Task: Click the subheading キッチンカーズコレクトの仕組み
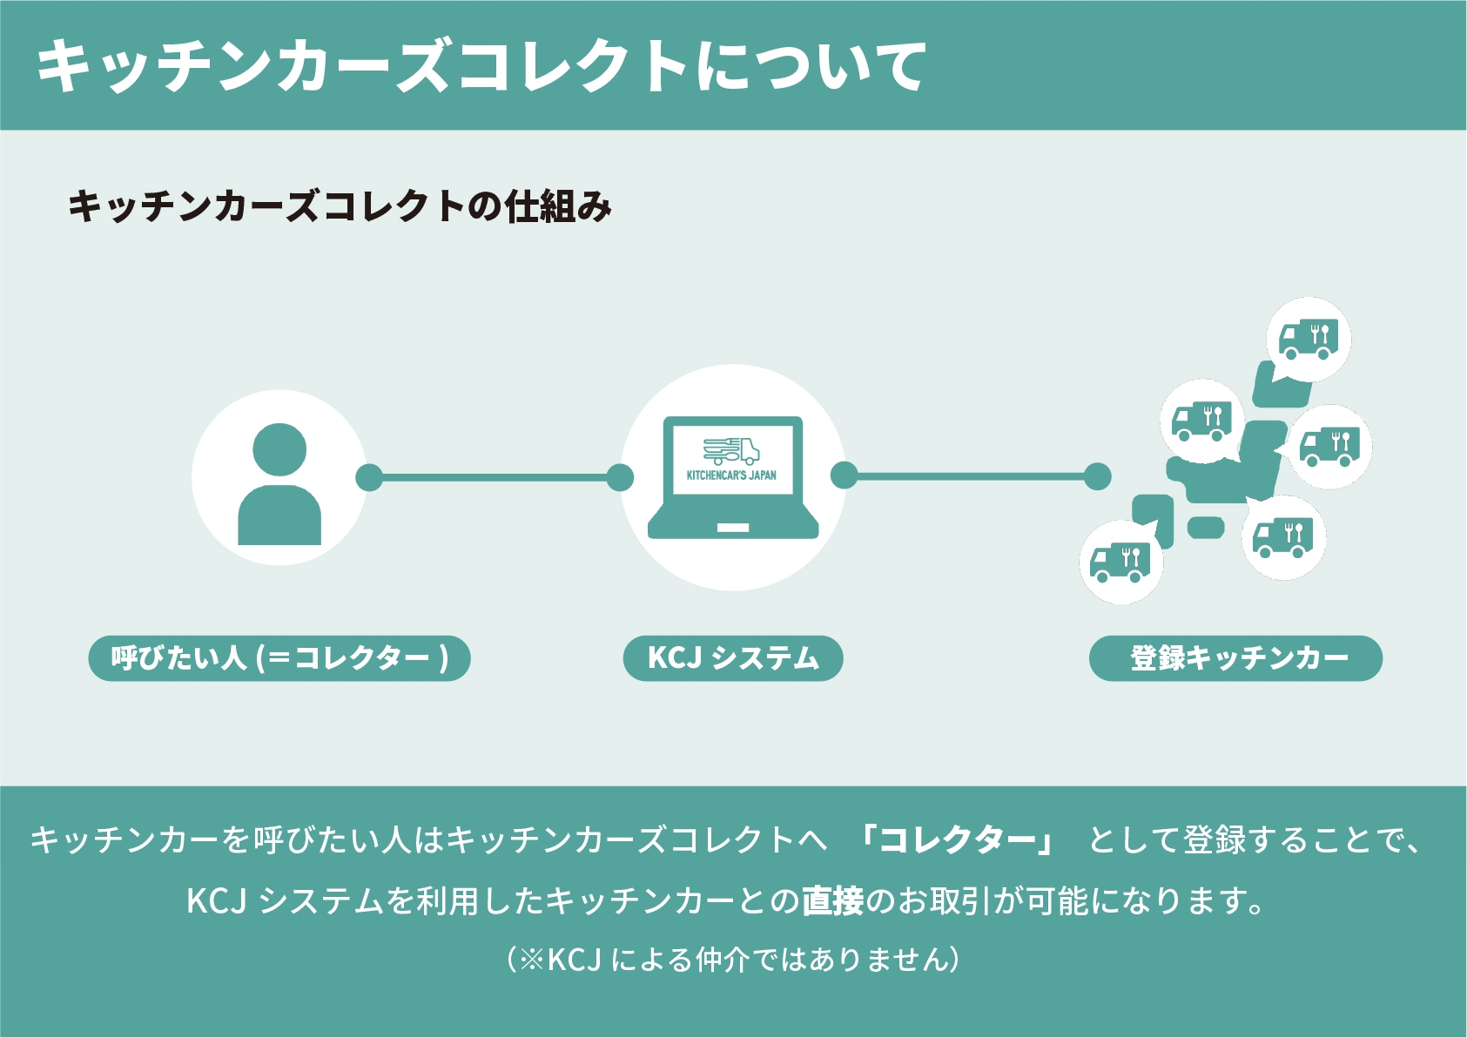(x=340, y=206)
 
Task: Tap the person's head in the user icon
(x=279, y=450)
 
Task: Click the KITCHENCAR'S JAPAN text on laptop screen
(x=731, y=475)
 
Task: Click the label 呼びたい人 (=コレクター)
(x=279, y=658)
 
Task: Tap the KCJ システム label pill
(x=733, y=658)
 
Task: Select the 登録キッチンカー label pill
(x=1235, y=658)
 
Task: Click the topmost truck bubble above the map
(x=1309, y=339)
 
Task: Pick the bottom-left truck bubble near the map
(x=1120, y=562)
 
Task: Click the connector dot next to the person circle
(x=369, y=477)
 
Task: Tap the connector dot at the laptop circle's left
(x=620, y=477)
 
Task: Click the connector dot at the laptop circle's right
(x=844, y=475)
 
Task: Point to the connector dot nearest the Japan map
(x=1098, y=475)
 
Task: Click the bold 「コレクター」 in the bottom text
(x=956, y=840)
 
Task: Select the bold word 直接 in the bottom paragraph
(x=832, y=900)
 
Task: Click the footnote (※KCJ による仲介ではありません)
(x=733, y=959)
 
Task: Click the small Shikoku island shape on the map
(x=1206, y=527)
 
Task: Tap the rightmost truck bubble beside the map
(x=1329, y=446)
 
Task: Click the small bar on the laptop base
(x=733, y=528)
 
